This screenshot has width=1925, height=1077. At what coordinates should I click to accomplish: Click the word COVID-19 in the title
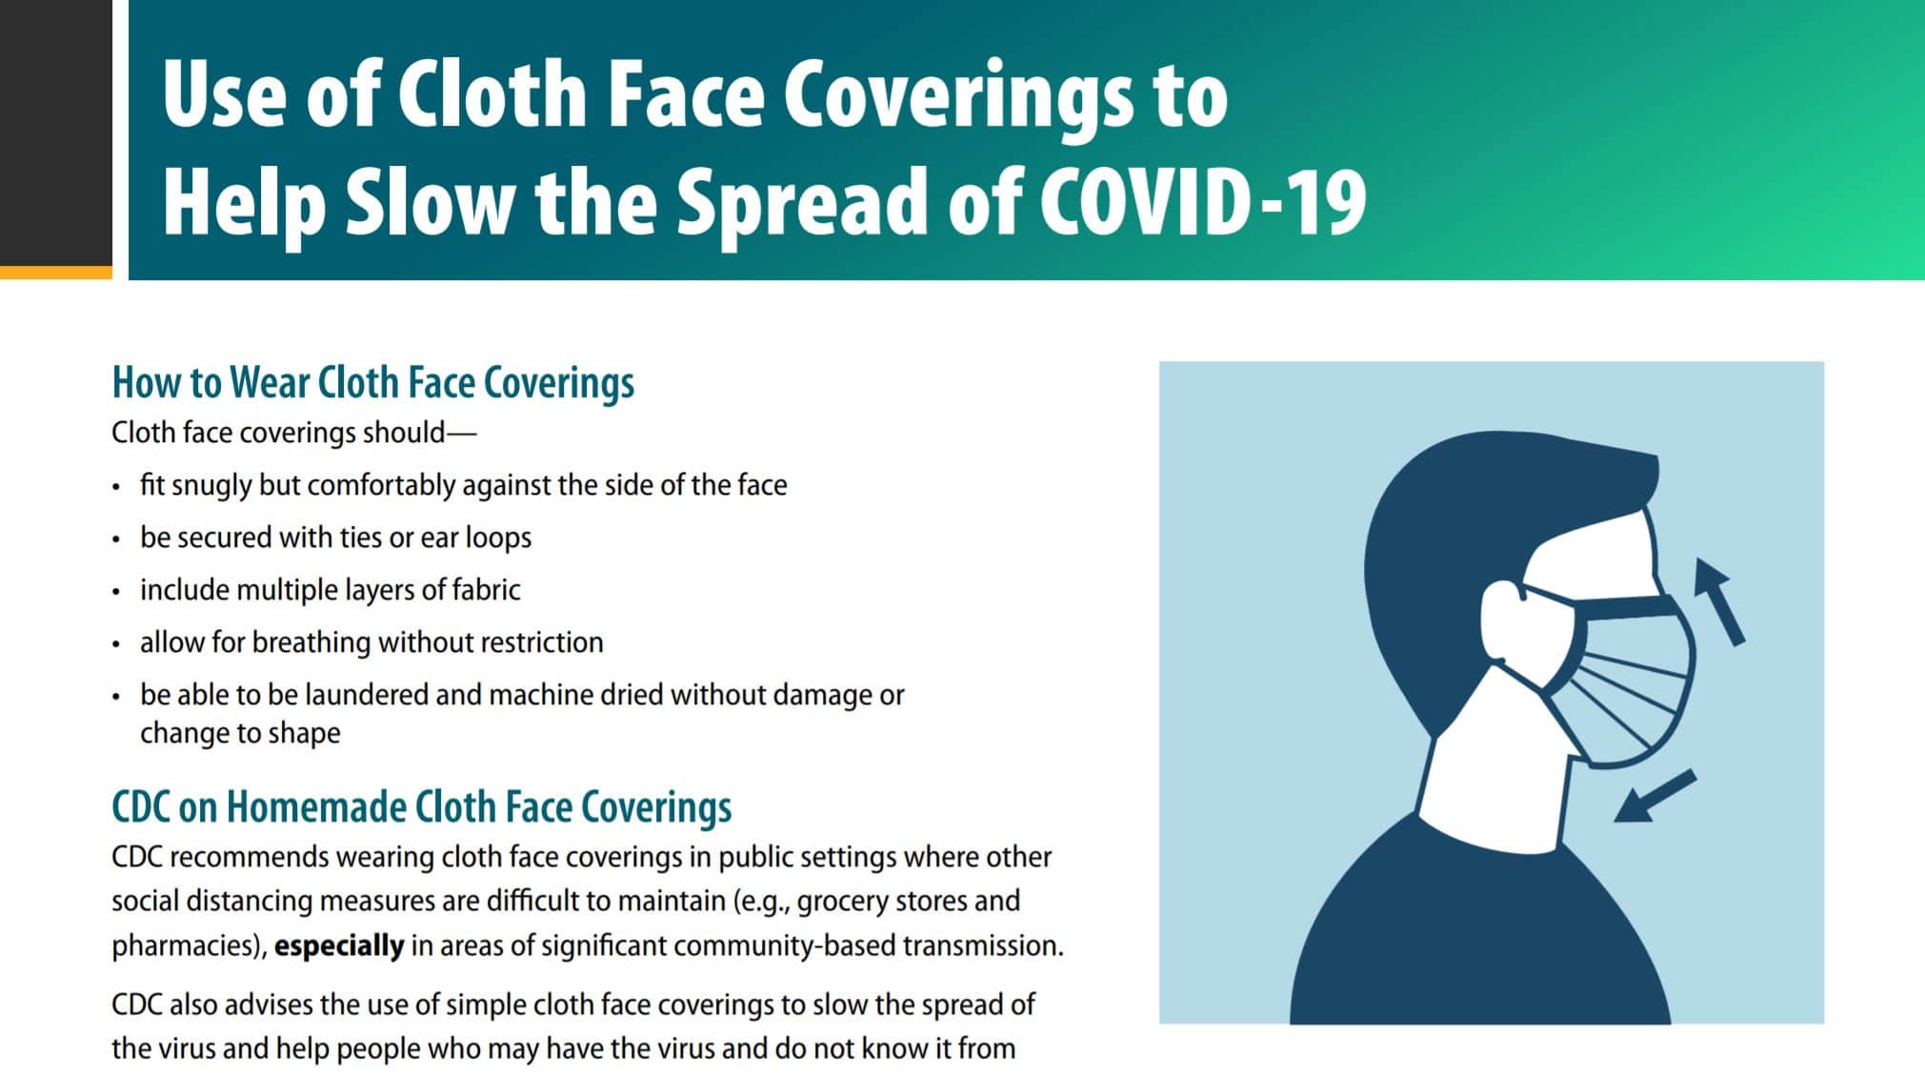coord(1202,200)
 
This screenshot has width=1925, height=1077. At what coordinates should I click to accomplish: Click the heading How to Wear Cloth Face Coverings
coord(372,383)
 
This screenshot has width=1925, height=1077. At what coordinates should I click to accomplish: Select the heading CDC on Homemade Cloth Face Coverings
coord(421,807)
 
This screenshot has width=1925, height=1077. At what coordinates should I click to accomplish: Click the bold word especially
coord(339,945)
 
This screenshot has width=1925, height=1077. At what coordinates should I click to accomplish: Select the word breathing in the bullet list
coord(311,642)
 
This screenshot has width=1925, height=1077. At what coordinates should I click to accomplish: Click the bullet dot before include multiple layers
coord(116,592)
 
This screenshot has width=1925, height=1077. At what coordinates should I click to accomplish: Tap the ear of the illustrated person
coord(1504,619)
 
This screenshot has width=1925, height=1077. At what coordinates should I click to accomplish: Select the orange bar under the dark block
coord(55,273)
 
